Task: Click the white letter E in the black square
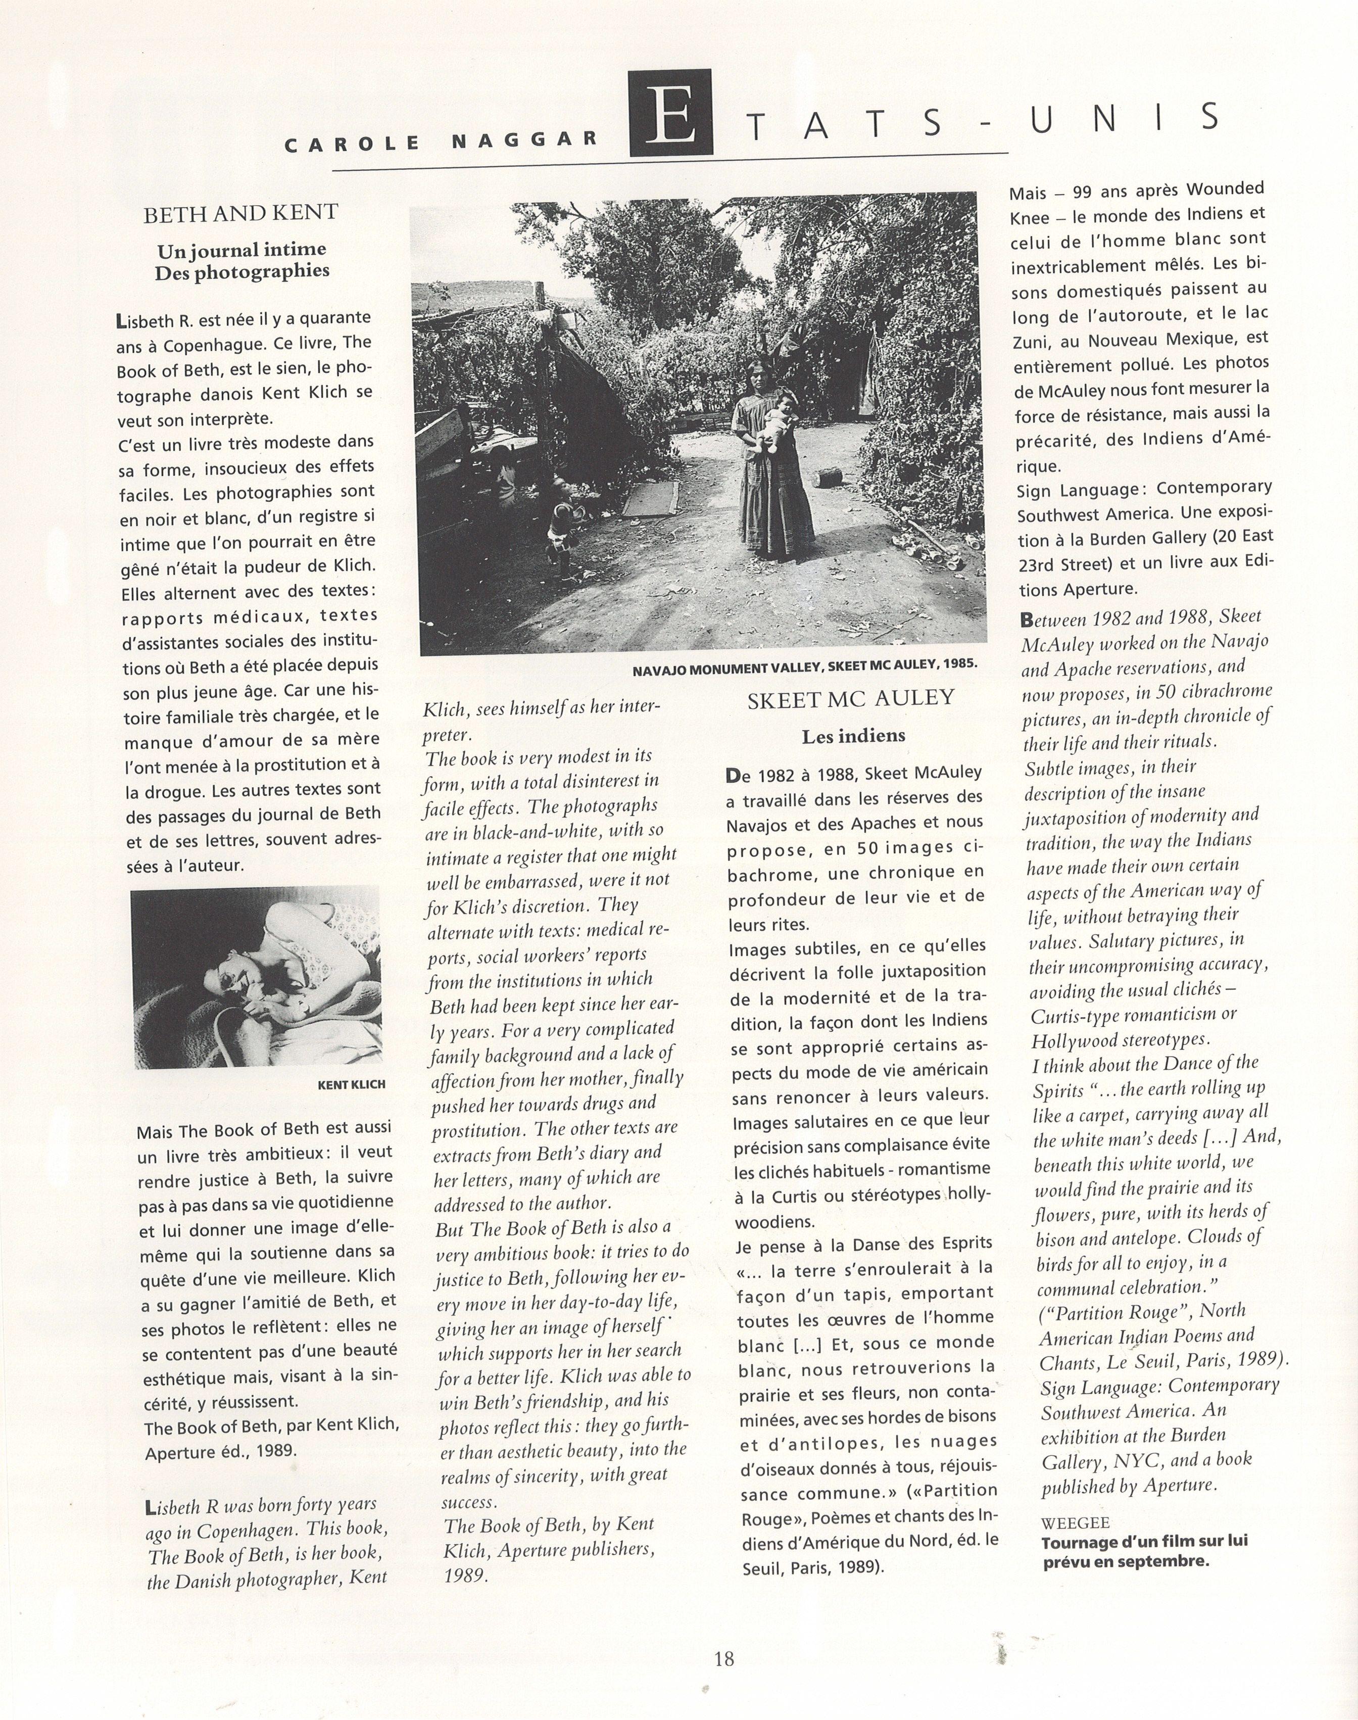pos(670,113)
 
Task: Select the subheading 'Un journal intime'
pos(241,251)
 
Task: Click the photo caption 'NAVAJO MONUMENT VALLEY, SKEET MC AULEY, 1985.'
pos(805,666)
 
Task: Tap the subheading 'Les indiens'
pos(853,736)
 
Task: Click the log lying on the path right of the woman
pos(829,479)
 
